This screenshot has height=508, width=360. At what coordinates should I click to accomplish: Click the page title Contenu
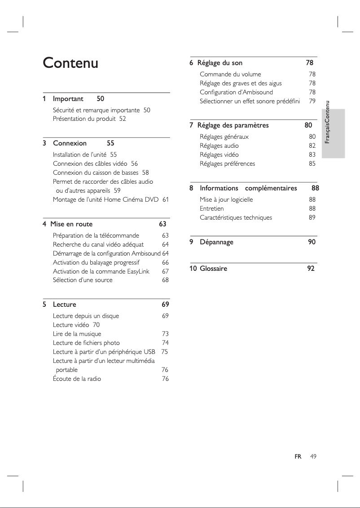pyautogui.click(x=70, y=63)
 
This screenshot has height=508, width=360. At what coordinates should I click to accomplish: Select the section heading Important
pyautogui.click(x=68, y=98)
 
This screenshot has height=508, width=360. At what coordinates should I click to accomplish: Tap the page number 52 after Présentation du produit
pyautogui.click(x=123, y=119)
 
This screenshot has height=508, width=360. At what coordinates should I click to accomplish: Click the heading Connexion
pyautogui.click(x=70, y=143)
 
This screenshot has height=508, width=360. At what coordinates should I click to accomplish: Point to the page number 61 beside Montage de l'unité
pyautogui.click(x=166, y=199)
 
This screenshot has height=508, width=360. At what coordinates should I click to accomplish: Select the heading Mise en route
pyautogui.click(x=71, y=224)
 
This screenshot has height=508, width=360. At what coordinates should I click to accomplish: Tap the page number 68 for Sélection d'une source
pyautogui.click(x=165, y=280)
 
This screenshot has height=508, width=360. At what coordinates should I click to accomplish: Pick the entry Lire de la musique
pyautogui.click(x=77, y=334)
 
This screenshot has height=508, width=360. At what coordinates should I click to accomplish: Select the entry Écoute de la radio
pyautogui.click(x=77, y=379)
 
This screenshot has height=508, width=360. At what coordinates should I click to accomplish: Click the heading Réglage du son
pyautogui.click(x=220, y=63)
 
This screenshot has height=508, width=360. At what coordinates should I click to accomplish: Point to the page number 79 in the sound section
pyautogui.click(x=312, y=101)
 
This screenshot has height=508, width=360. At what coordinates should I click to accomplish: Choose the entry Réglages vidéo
pyautogui.click(x=219, y=155)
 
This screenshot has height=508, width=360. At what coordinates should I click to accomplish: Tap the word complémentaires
pyautogui.click(x=271, y=188)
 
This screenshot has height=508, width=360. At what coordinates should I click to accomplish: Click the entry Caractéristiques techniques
pyautogui.click(x=236, y=217)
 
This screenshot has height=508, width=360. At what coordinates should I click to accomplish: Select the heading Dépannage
pyautogui.click(x=216, y=242)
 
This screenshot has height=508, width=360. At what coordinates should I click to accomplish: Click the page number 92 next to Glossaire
pyautogui.click(x=311, y=269)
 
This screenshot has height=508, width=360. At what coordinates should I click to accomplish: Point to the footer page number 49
pyautogui.click(x=313, y=457)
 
